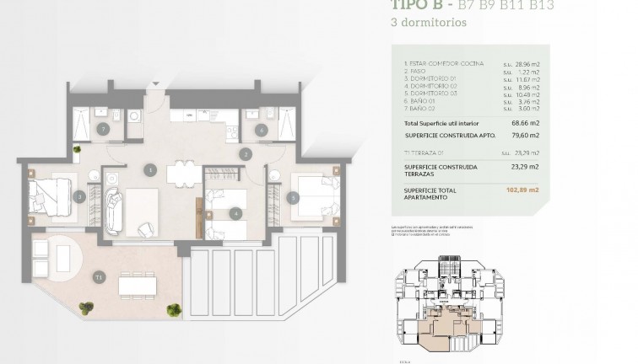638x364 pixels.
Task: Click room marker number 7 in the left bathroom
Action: click(x=102, y=129)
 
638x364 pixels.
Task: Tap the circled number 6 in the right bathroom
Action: click(x=262, y=130)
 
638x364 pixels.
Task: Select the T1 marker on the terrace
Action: click(x=99, y=276)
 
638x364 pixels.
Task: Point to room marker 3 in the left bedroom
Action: click(x=78, y=197)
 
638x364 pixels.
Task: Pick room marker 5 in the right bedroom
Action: click(x=292, y=198)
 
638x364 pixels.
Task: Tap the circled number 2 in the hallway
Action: click(x=245, y=154)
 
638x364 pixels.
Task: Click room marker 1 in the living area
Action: click(x=149, y=170)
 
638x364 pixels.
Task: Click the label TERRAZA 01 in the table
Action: click(x=424, y=152)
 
